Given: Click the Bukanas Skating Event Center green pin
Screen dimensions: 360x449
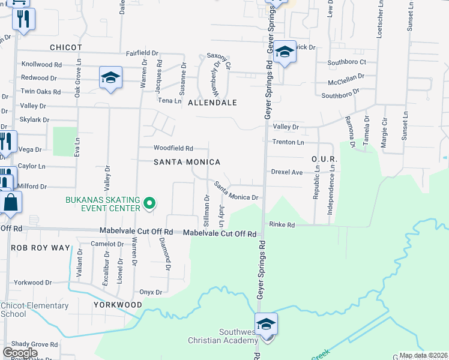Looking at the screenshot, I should [149, 205].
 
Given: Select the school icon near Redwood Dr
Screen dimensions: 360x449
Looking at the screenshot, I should [110, 78].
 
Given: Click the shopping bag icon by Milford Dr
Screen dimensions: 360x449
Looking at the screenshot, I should [11, 202].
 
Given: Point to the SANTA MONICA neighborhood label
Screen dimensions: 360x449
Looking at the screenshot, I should [187, 162].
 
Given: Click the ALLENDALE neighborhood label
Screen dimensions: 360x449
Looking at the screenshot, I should [212, 103].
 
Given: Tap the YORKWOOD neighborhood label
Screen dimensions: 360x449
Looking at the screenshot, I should [118, 305].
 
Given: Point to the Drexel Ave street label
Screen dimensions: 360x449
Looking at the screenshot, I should [287, 172].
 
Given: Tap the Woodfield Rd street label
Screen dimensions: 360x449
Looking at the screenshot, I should [173, 148].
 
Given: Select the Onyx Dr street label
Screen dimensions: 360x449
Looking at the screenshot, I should [151, 292].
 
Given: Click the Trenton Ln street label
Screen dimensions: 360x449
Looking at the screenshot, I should [288, 142].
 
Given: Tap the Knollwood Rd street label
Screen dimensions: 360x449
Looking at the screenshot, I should [41, 64].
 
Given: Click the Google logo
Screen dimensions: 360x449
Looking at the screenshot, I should [20, 352].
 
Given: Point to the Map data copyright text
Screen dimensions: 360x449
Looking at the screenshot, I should [423, 355].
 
